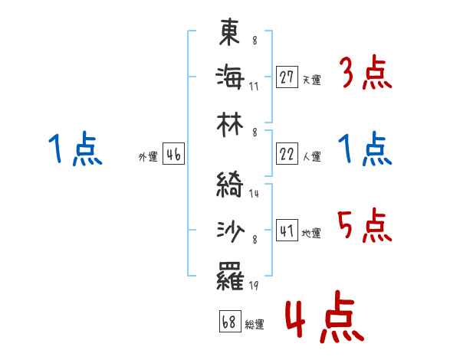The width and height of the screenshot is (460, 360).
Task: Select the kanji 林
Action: point(231,122)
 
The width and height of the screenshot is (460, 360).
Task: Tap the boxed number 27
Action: point(287,77)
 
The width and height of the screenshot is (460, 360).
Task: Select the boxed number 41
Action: point(287,231)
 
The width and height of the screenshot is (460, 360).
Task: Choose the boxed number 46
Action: point(173,155)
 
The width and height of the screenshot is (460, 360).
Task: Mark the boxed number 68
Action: point(228,322)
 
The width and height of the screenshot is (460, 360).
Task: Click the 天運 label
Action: point(311,80)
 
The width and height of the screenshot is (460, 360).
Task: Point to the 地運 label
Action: point(311,233)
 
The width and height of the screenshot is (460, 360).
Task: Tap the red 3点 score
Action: point(366,75)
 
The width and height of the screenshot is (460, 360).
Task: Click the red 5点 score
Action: point(366,226)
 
